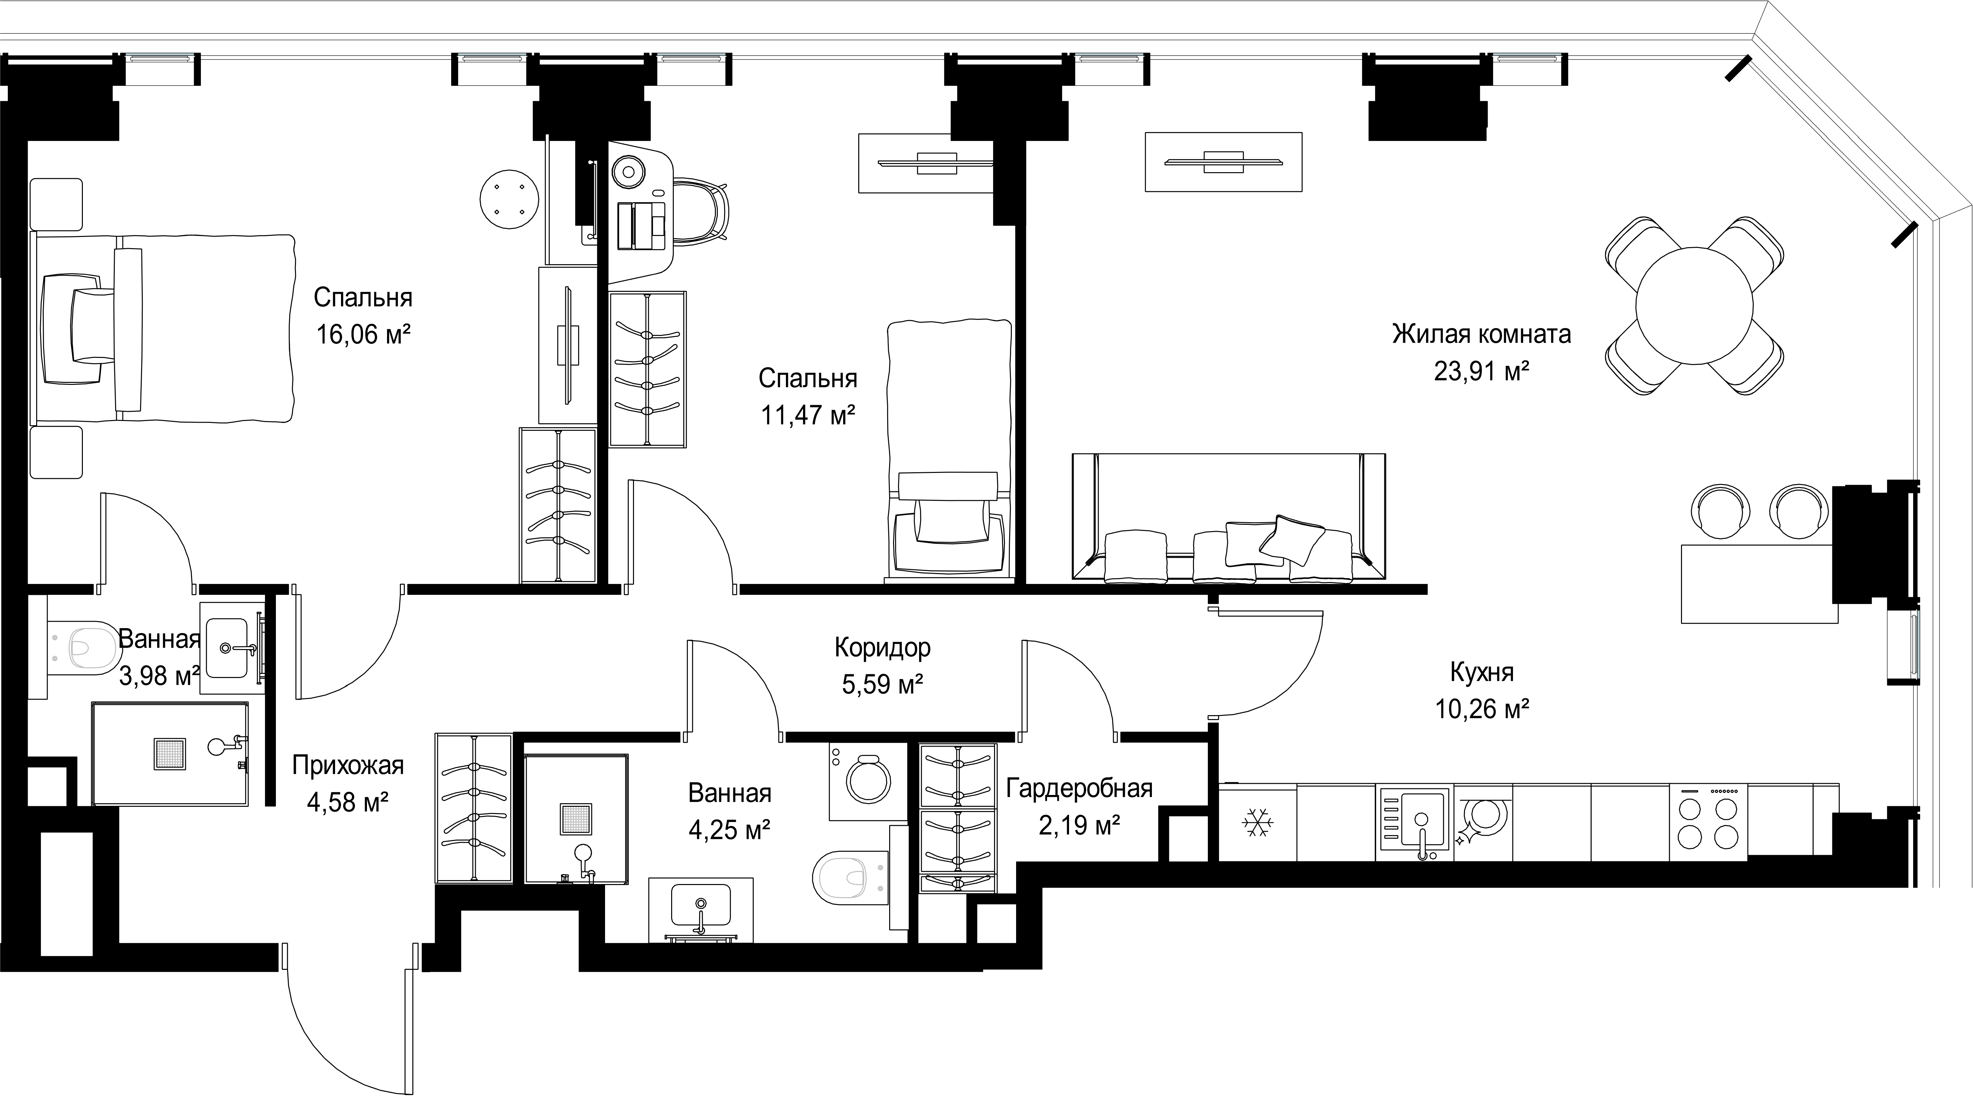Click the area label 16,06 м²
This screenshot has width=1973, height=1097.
(364, 335)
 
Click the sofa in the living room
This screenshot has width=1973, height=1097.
(1229, 518)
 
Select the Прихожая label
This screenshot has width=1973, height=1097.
(348, 765)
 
